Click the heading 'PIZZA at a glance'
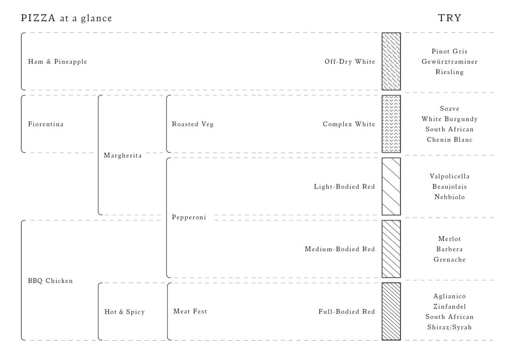point(66,18)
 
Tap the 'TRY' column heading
point(449,18)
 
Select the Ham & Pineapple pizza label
point(58,62)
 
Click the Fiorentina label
point(46,124)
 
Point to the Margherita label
point(123,155)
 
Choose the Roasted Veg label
point(192,124)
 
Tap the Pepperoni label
point(189,217)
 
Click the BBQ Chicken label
point(50,281)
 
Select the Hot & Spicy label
point(124,312)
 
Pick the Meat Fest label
point(190,311)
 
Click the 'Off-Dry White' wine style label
point(349,62)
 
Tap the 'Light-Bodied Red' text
point(344,186)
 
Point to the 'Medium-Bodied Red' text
point(339,249)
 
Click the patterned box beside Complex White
point(391,124)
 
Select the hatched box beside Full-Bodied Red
point(391,311)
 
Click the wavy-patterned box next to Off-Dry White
point(391,61)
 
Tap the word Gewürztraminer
point(449,62)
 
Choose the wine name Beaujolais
point(449,186)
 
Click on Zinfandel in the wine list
point(449,306)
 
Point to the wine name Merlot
point(449,239)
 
